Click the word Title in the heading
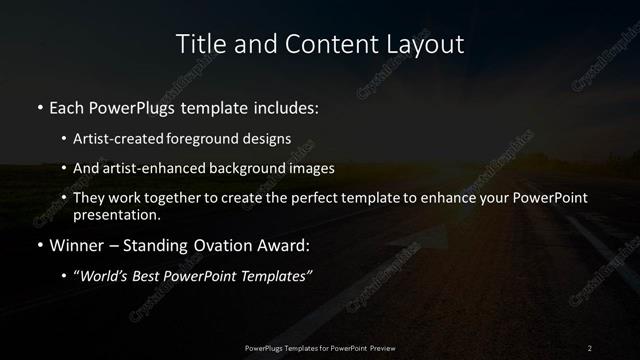pos(198,43)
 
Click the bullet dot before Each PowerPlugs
pos(39,105)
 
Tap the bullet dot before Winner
pos(39,243)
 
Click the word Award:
pos(283,243)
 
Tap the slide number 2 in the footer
pos(589,348)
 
